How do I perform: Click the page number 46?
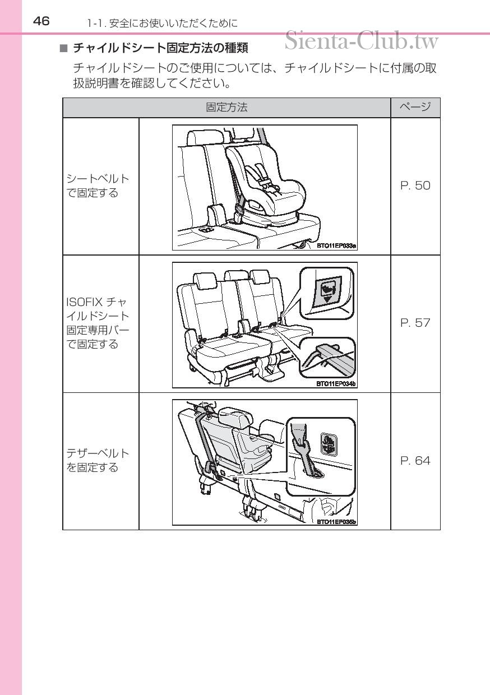click(41, 21)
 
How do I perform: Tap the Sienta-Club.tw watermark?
click(362, 40)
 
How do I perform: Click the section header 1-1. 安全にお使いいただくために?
click(162, 23)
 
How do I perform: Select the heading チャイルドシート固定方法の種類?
click(160, 48)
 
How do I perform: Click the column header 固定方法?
click(226, 108)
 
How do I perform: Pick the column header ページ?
click(415, 108)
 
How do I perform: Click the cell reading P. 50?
click(415, 186)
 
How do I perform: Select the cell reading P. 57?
click(415, 323)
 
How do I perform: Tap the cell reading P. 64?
click(415, 461)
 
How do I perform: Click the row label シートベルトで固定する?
click(98, 186)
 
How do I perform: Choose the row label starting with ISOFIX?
click(98, 323)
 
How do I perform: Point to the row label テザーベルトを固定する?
click(98, 461)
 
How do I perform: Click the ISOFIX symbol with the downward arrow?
click(326, 293)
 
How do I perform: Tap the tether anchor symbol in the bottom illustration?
click(329, 444)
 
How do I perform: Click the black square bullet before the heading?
click(63, 49)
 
